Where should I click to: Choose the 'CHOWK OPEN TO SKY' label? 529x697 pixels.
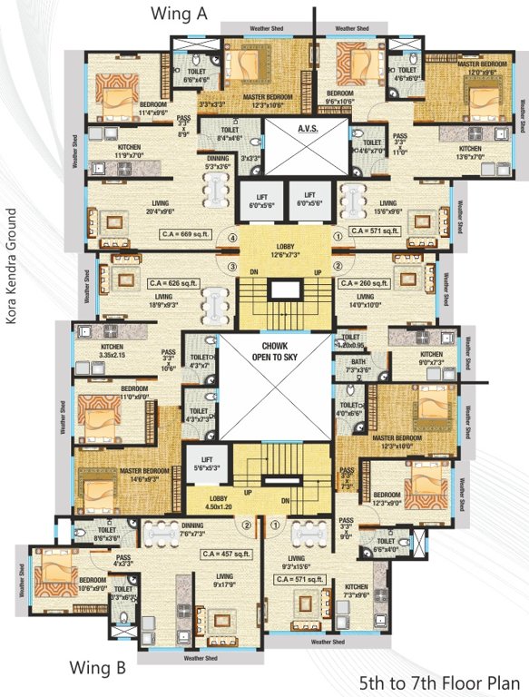pyautogui.click(x=274, y=352)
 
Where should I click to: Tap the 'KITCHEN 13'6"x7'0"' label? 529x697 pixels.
pyautogui.click(x=469, y=152)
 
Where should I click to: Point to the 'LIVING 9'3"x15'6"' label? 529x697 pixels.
pyautogui.click(x=296, y=563)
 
